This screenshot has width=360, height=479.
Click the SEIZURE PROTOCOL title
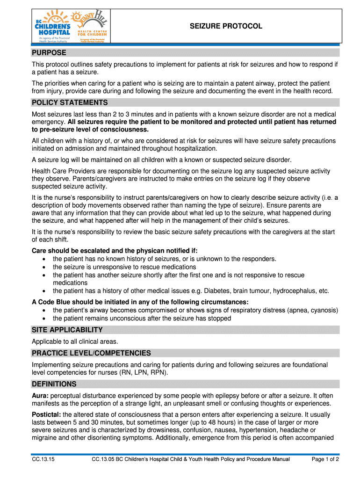[226, 26]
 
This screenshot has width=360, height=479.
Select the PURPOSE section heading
[49, 52]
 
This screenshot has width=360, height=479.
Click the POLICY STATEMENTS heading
[70, 102]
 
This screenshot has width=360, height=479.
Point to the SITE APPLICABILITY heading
[67, 330]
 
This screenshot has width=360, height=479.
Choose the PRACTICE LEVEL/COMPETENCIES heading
[91, 353]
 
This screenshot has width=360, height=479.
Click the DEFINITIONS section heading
[54, 384]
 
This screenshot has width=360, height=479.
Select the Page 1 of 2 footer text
[325, 459]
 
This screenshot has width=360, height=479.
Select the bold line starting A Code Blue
[140, 302]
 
